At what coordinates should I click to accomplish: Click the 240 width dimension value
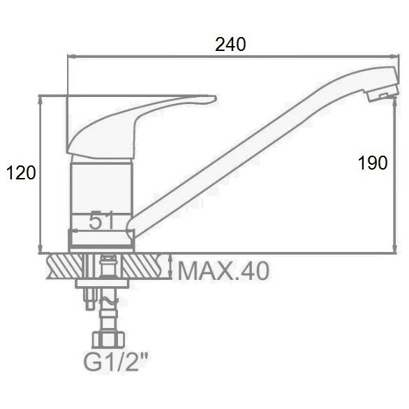(x=230, y=45)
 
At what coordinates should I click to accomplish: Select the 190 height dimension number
(x=373, y=163)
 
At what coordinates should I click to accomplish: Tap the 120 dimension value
(x=21, y=172)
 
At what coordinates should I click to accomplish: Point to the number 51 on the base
(x=101, y=221)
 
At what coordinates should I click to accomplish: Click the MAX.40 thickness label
(x=223, y=272)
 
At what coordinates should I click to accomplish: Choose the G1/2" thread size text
(x=116, y=362)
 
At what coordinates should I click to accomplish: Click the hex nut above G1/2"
(x=108, y=340)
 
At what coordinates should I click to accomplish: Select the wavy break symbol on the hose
(x=108, y=301)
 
